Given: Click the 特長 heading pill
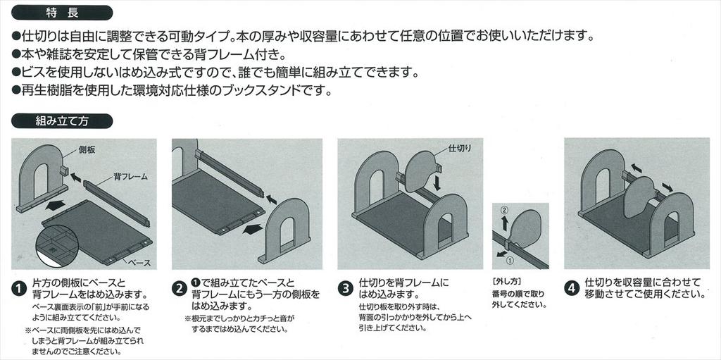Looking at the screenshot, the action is tap(62, 13).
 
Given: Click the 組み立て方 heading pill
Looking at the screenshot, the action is tap(62, 121).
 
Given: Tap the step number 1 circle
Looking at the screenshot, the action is tap(18, 289).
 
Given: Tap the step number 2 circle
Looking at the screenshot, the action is tap(179, 289).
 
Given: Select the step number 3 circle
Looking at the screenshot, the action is tap(345, 289).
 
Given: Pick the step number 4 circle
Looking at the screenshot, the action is tap(571, 289).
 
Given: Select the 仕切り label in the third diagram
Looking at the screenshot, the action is tap(460, 148).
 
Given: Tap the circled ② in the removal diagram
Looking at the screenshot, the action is tap(503, 210).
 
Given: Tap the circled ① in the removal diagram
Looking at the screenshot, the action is tap(509, 261).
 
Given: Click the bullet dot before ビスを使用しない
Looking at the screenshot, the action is tap(16, 72).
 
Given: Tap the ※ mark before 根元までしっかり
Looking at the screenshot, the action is tap(187, 318).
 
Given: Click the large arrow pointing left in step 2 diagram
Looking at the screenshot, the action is tap(254, 229).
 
